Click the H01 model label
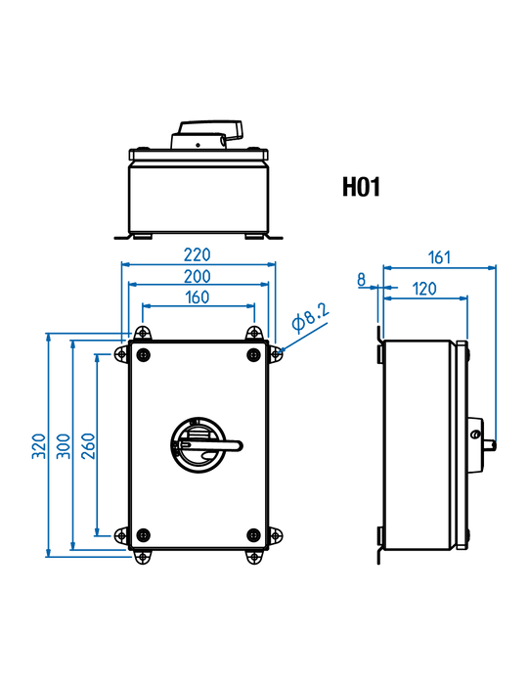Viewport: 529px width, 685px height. (361, 187)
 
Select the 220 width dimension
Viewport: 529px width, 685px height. (198, 254)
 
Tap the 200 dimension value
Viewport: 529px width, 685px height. (198, 276)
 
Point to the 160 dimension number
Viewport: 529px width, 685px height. (198, 297)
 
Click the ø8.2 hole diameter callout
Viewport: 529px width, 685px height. (310, 317)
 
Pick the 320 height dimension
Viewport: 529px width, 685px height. (39, 445)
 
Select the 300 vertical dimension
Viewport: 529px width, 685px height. (64, 445)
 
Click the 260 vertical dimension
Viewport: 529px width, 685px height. (89, 445)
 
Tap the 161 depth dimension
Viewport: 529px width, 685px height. (439, 257)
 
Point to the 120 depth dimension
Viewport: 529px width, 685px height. (424, 289)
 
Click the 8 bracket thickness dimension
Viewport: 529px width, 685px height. (362, 280)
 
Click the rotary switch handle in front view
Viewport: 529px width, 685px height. (205, 445)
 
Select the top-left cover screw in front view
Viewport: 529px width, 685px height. (143, 354)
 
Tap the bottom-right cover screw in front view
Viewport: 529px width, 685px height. (253, 534)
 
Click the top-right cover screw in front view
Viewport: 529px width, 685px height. (253, 354)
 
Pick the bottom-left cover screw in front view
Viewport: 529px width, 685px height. (143, 534)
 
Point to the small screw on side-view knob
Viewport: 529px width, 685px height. (475, 434)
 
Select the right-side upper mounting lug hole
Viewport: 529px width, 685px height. (276, 354)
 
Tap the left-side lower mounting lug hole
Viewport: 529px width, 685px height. (121, 535)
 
